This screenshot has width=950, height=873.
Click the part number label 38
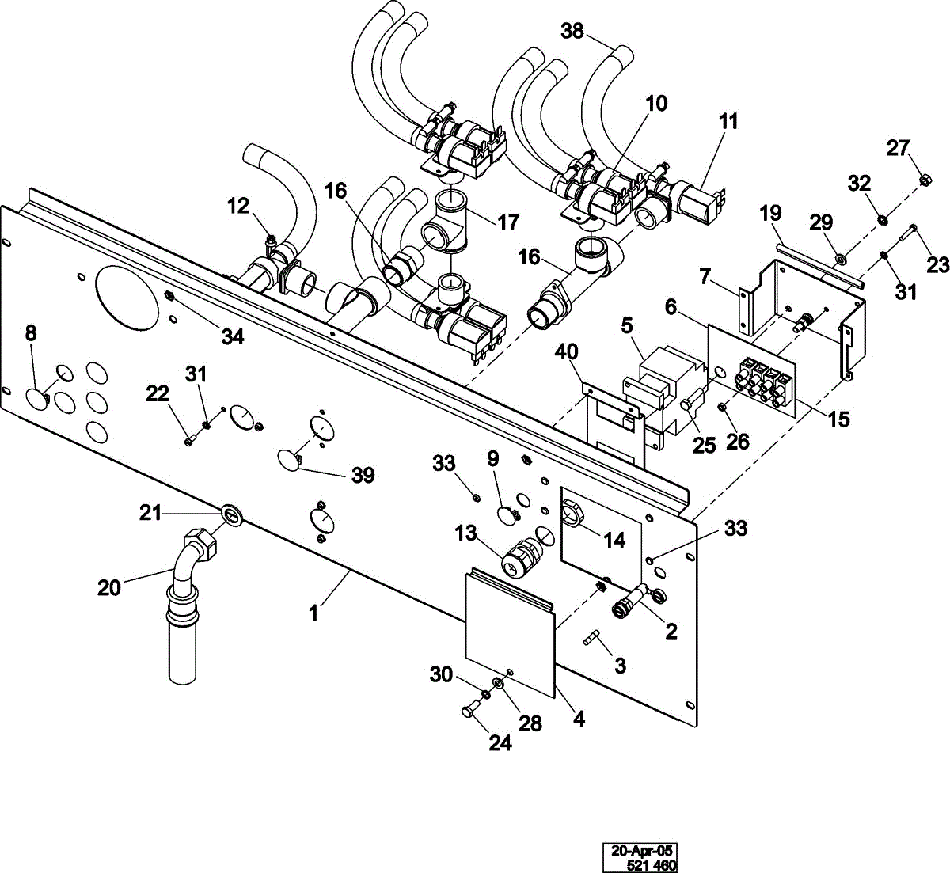(572, 31)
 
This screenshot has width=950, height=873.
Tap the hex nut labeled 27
(924, 180)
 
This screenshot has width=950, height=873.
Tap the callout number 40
(566, 352)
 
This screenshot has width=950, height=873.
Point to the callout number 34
(233, 337)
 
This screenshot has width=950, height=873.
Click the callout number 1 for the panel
(313, 613)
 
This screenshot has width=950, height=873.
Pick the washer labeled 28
(498, 683)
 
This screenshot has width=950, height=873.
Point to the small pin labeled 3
(592, 638)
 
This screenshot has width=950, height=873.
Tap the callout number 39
(363, 475)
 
